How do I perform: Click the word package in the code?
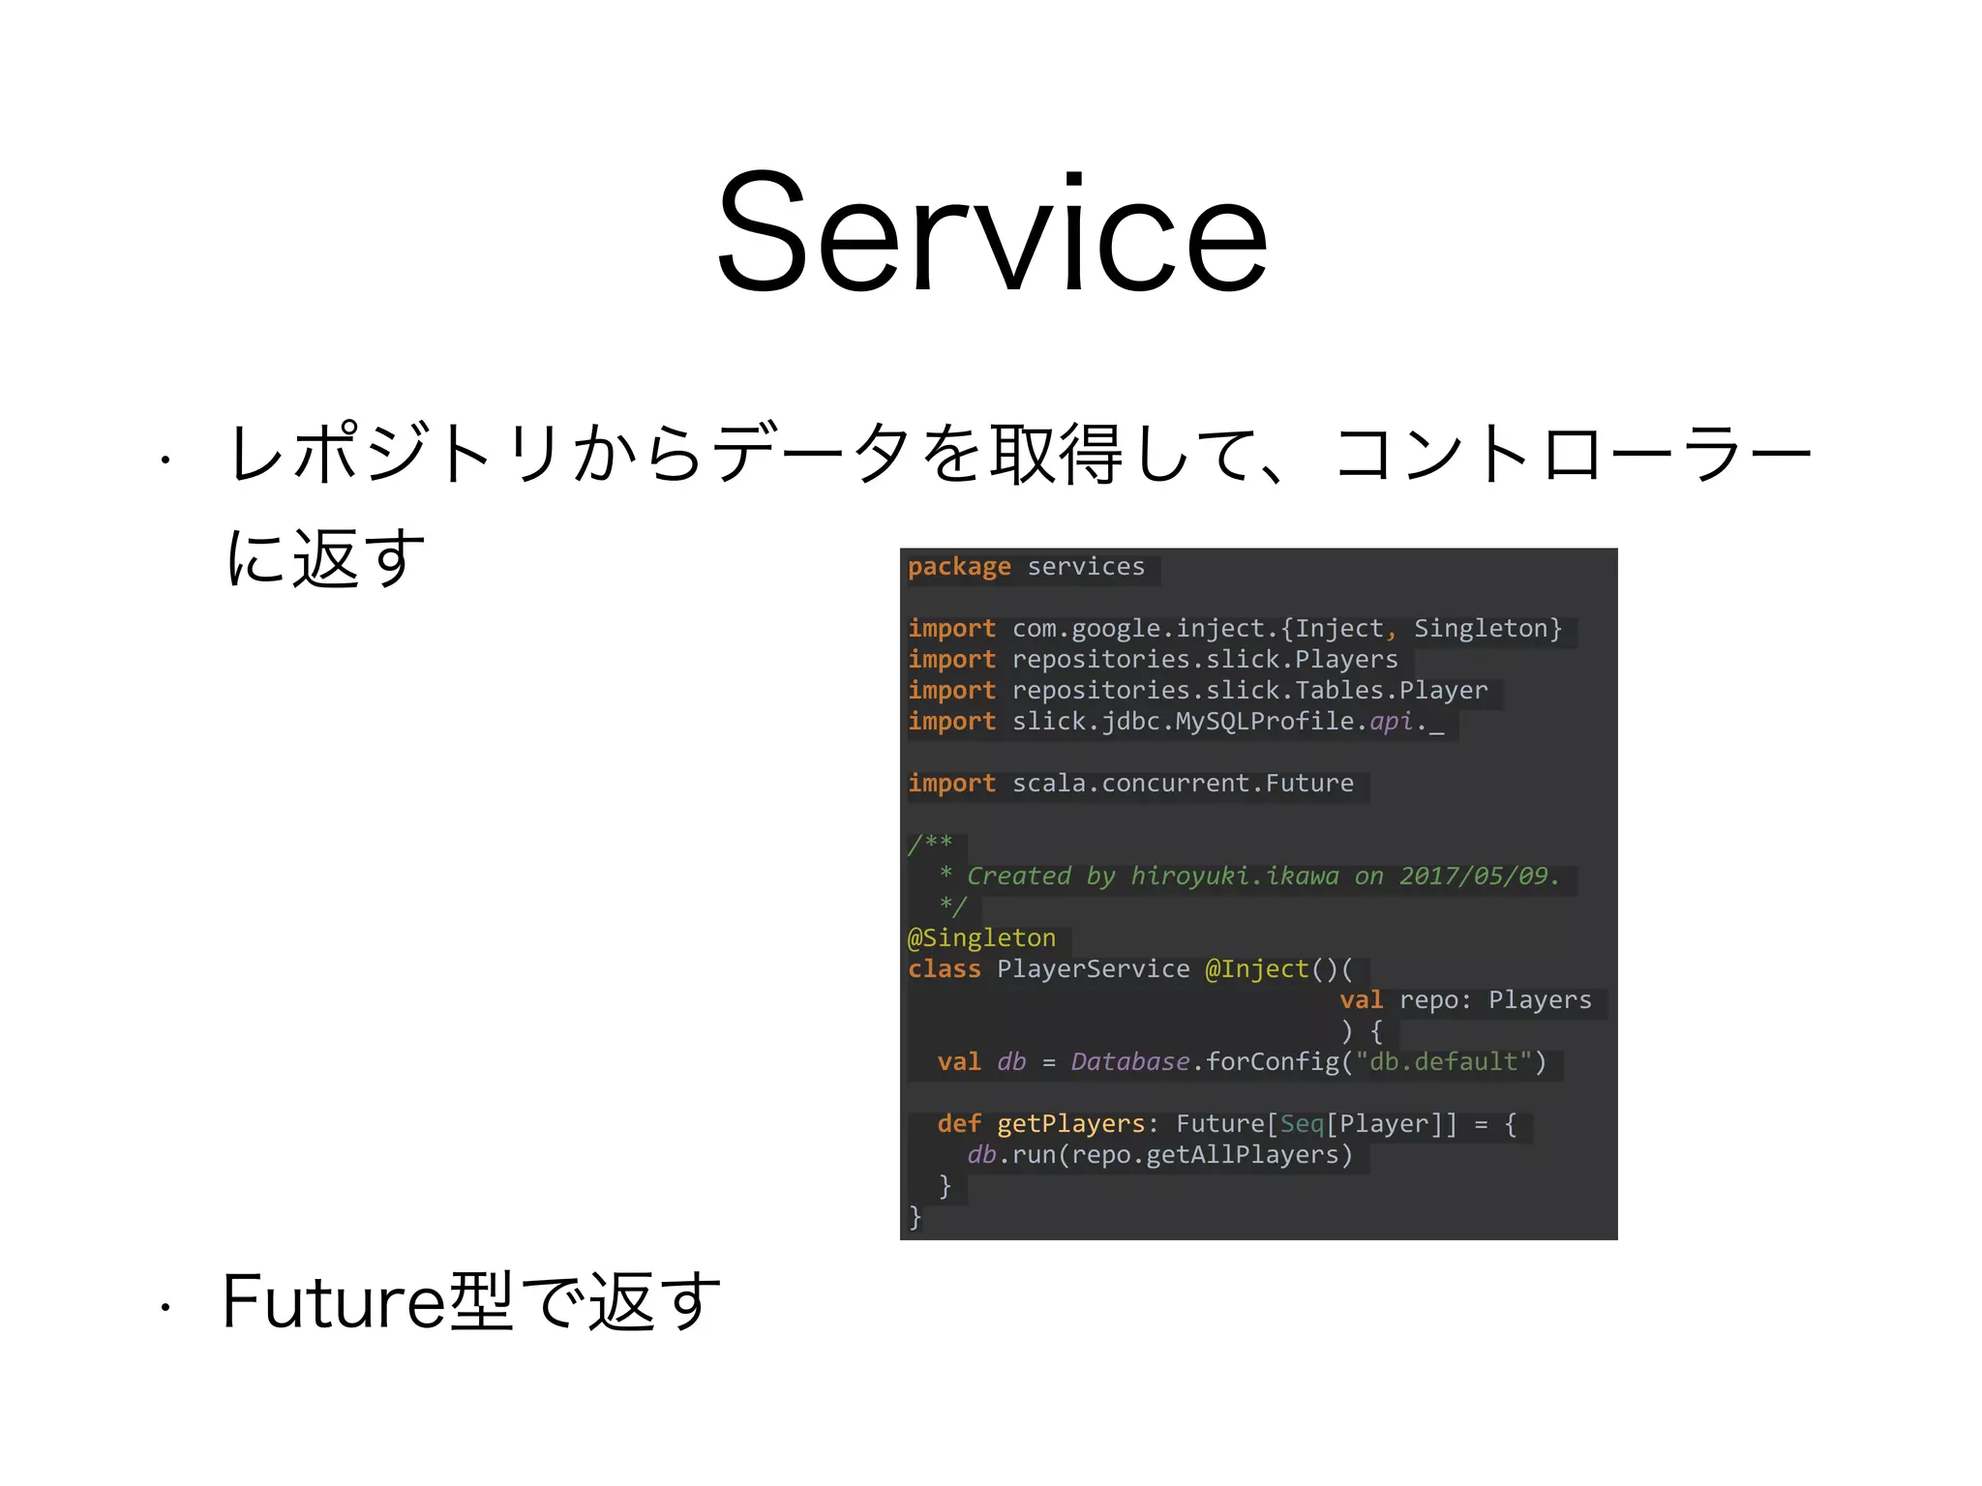pos(959,566)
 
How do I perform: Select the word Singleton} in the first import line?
pos(1487,628)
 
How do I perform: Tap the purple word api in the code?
pos(1391,721)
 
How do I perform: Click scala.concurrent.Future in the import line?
pos(1183,783)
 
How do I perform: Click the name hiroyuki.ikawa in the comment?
pos(1235,876)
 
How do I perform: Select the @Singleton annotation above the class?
pos(981,937)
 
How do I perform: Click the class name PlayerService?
pos(1094,968)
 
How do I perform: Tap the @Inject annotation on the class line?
pos(1256,968)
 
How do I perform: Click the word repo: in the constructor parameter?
pos(1435,999)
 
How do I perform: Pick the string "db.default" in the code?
pos(1443,1061)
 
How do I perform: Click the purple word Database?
pos(1129,1061)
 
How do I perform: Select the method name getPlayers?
pos(1070,1123)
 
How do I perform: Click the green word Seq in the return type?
pos(1302,1123)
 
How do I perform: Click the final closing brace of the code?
pos(915,1216)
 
